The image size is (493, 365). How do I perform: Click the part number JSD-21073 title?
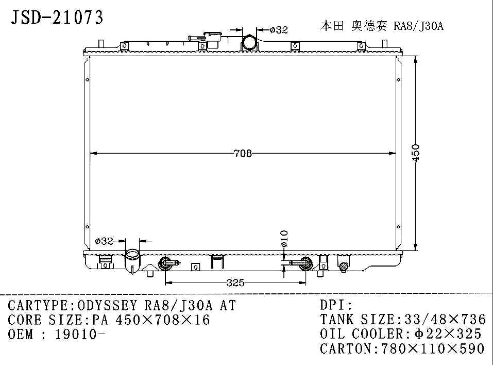(x=57, y=18)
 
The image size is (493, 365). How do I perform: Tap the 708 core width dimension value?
(x=243, y=153)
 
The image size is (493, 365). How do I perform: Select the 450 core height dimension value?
(x=416, y=153)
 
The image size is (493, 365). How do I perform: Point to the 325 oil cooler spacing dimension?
(x=235, y=283)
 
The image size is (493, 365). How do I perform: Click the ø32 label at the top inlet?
(x=279, y=30)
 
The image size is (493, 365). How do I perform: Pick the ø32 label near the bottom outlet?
(x=104, y=241)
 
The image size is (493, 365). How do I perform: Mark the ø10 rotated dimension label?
(x=284, y=239)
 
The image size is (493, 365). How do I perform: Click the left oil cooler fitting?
(x=166, y=263)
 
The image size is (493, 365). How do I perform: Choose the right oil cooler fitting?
(x=305, y=263)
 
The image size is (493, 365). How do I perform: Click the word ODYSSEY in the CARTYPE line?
(x=107, y=305)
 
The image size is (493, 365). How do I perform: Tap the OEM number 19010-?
(x=80, y=334)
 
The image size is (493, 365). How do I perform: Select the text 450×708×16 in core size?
(x=163, y=320)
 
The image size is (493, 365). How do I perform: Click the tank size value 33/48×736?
(x=445, y=320)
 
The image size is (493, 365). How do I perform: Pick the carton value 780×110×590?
(x=433, y=349)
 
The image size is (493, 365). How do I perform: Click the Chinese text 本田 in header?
(x=332, y=25)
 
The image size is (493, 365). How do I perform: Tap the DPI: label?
(x=336, y=305)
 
